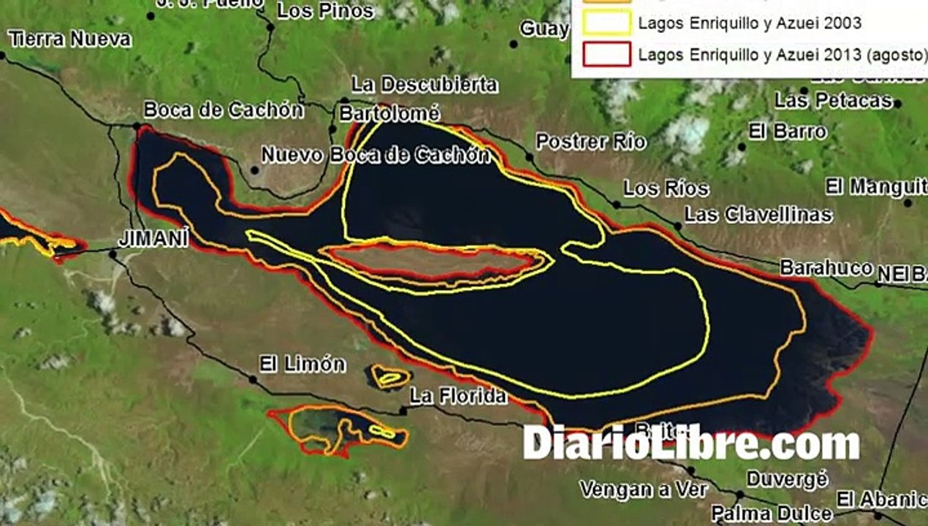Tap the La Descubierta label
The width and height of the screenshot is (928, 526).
click(425, 85)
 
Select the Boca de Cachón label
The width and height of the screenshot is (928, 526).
click(224, 110)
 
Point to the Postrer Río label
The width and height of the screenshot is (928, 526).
click(591, 142)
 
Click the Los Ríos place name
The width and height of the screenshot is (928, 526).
click(666, 188)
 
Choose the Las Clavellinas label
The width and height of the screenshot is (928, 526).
click(758, 215)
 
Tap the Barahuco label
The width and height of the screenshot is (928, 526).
click(826, 268)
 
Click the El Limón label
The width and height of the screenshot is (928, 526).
click(303, 365)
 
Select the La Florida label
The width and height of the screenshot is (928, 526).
click(458, 397)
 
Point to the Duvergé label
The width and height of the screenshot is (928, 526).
click(787, 479)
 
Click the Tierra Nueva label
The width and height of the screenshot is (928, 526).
click(70, 39)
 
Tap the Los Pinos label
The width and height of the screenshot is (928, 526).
click(325, 11)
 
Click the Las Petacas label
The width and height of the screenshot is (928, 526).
click(834, 101)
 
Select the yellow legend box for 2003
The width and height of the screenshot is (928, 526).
click(606, 23)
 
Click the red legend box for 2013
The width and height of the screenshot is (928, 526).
click(606, 54)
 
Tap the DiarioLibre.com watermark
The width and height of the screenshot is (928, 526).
click(691, 443)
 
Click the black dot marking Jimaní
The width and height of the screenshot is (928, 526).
click(113, 254)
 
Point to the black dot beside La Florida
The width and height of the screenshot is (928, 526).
click(403, 411)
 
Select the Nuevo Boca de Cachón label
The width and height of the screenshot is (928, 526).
click(376, 155)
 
